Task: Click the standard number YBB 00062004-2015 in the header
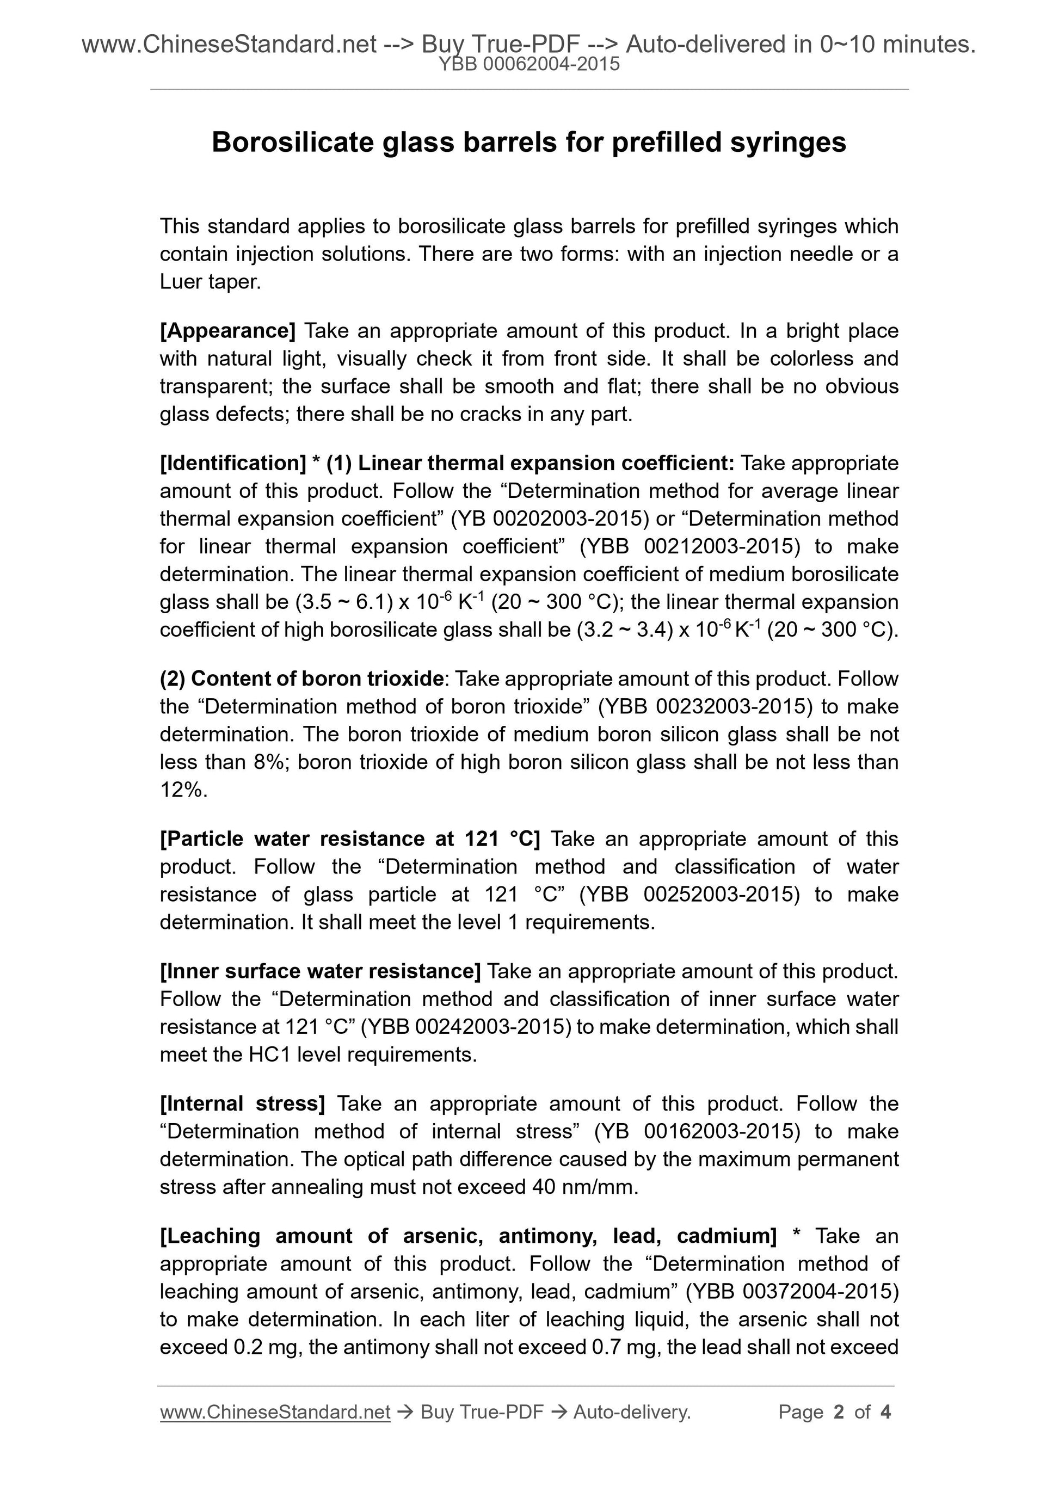tap(528, 64)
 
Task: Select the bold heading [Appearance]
tap(227, 331)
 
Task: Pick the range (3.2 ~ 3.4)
tap(624, 630)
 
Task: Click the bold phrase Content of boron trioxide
tap(317, 679)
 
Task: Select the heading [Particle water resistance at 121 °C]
tap(350, 839)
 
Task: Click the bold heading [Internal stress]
tap(242, 1104)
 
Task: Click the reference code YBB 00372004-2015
tap(793, 1292)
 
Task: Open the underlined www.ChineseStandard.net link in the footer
tap(275, 1413)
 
